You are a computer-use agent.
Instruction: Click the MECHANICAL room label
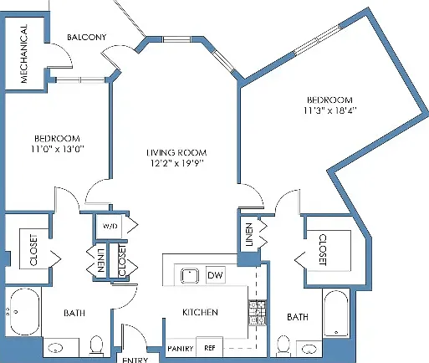coord(24,54)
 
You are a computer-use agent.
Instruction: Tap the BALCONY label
coord(87,37)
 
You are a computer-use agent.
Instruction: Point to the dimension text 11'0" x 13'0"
coord(58,149)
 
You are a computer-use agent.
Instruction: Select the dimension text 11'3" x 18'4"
coord(330,110)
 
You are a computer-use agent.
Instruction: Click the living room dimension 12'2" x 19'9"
coord(177,163)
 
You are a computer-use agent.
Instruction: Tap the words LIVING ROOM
coord(176,152)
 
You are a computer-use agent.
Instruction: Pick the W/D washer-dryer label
coord(110,226)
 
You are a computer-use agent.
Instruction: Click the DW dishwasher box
coord(215,275)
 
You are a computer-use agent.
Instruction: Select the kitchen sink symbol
coord(190,276)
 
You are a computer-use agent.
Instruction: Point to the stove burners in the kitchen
coord(257,313)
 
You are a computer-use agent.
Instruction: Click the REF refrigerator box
coord(210,347)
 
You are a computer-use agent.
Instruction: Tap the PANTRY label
coord(181,349)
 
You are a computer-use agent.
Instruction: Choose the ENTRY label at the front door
coord(135,360)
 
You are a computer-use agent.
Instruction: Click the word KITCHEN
coord(200,312)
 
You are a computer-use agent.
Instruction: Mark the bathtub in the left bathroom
coord(24,312)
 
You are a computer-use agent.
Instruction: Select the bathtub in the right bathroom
coord(336,314)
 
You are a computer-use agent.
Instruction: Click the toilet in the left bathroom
coord(96,345)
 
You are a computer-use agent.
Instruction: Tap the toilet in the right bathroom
coord(283,345)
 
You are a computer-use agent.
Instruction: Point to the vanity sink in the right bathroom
coord(309,349)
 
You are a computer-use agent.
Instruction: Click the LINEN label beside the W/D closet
coord(100,260)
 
